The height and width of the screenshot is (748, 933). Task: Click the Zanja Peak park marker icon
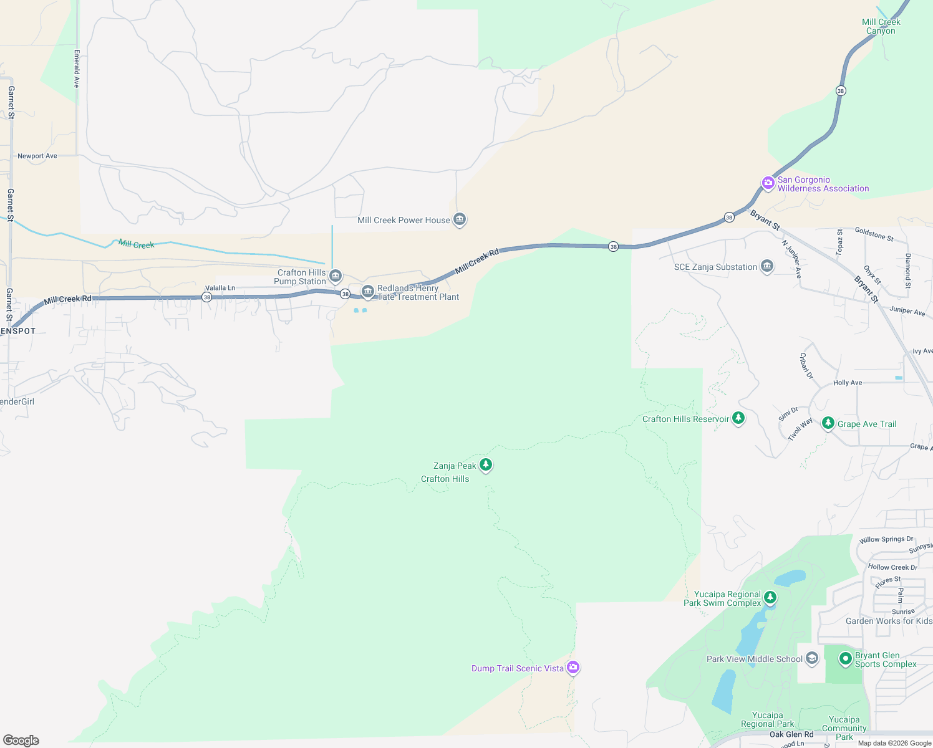pos(486,464)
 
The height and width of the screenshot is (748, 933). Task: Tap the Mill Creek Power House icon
pos(460,219)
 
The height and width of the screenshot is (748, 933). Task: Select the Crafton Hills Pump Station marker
pos(336,276)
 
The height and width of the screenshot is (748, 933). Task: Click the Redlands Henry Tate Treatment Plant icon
pos(368,291)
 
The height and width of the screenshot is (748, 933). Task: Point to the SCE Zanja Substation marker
pos(767,266)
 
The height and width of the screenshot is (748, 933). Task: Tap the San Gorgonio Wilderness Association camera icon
pos(768,183)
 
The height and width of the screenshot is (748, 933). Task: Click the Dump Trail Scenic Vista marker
pos(573,668)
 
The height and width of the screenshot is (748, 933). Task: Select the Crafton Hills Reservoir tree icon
pos(738,418)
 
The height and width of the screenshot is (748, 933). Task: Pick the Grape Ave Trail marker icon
pos(828,423)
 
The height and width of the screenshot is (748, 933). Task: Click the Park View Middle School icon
pos(811,658)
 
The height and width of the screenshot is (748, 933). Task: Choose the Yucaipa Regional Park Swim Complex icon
pos(770,598)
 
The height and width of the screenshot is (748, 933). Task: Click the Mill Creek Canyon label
pos(881,26)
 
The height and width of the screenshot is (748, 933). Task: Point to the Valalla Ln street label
pos(220,288)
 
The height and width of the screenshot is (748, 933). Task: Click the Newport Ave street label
pos(37,156)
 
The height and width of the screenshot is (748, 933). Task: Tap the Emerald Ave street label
pos(77,69)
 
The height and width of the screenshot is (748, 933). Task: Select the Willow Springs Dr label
pos(886,539)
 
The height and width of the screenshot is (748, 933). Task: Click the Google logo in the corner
pos(21,740)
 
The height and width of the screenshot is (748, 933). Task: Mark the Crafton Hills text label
pos(445,479)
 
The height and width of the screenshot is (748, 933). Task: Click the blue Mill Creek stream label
pos(137,244)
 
